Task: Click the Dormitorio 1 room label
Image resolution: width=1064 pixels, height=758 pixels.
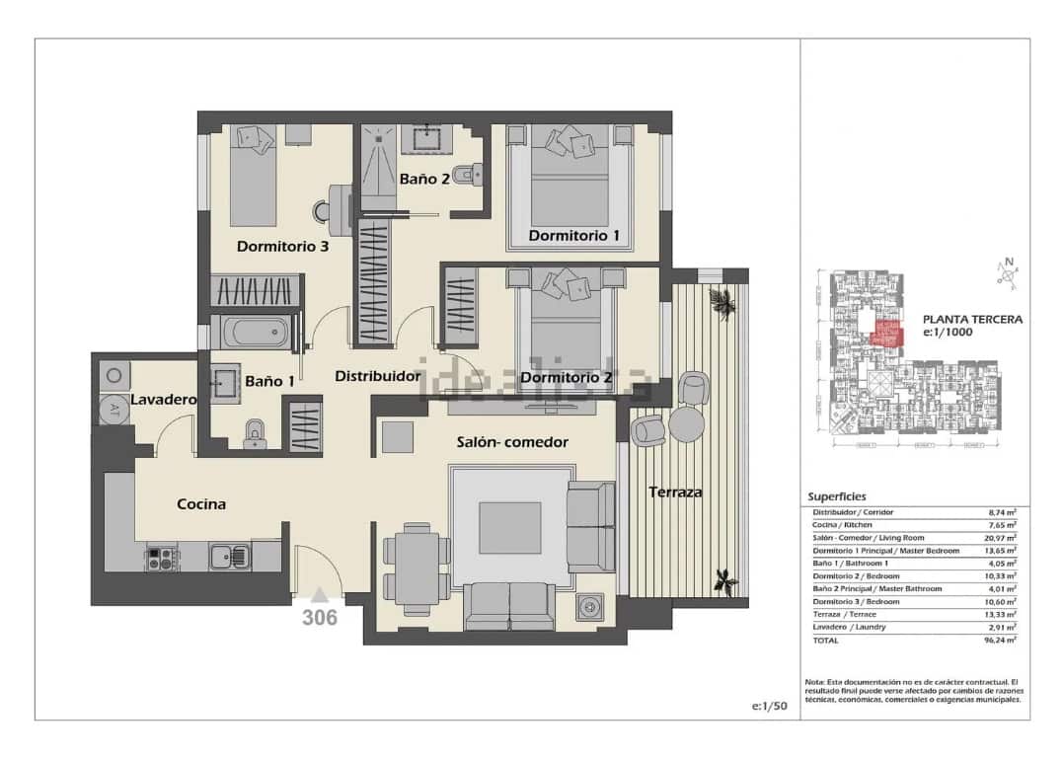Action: coord(573,236)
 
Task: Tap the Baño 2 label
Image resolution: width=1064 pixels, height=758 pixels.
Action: coord(424,180)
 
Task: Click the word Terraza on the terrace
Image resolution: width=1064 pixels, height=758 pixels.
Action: coord(675,492)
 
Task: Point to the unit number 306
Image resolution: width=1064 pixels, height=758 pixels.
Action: coord(319,619)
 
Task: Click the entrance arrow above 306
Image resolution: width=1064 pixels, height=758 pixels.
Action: coord(319,594)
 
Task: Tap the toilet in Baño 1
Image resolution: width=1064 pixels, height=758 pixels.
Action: coord(256,434)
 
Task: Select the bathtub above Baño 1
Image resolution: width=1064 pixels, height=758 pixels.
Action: coord(255,333)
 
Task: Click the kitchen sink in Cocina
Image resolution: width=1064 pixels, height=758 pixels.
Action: coord(232,557)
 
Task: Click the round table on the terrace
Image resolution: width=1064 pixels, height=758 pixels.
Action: coord(686,424)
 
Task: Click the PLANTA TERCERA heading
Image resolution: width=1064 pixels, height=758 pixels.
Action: coord(971,319)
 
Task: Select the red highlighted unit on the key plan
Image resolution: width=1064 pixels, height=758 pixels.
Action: coord(888,333)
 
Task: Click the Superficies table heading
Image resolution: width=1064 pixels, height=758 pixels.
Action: coord(836,496)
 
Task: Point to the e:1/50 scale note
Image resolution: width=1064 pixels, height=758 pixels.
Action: coord(769,706)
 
